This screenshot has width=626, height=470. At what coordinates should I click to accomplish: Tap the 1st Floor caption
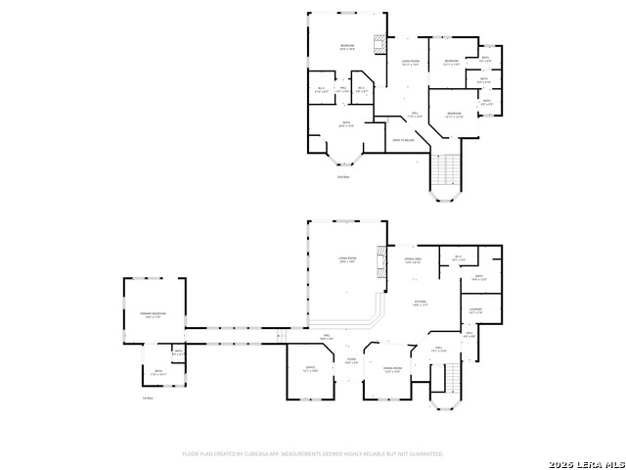click(x=148, y=398)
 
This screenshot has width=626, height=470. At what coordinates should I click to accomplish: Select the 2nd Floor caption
click(x=343, y=177)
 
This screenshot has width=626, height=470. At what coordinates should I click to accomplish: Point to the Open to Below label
click(x=402, y=140)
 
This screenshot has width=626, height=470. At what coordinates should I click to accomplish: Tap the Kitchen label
click(x=420, y=303)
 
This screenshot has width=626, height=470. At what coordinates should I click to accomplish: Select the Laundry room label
click(x=475, y=311)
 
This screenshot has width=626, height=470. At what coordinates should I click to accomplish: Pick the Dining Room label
click(x=392, y=370)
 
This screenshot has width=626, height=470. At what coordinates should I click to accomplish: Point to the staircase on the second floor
click(x=447, y=174)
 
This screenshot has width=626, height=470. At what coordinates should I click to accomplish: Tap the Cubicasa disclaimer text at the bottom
click(x=313, y=454)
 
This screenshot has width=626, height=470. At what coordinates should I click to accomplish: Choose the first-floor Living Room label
click(x=347, y=260)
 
